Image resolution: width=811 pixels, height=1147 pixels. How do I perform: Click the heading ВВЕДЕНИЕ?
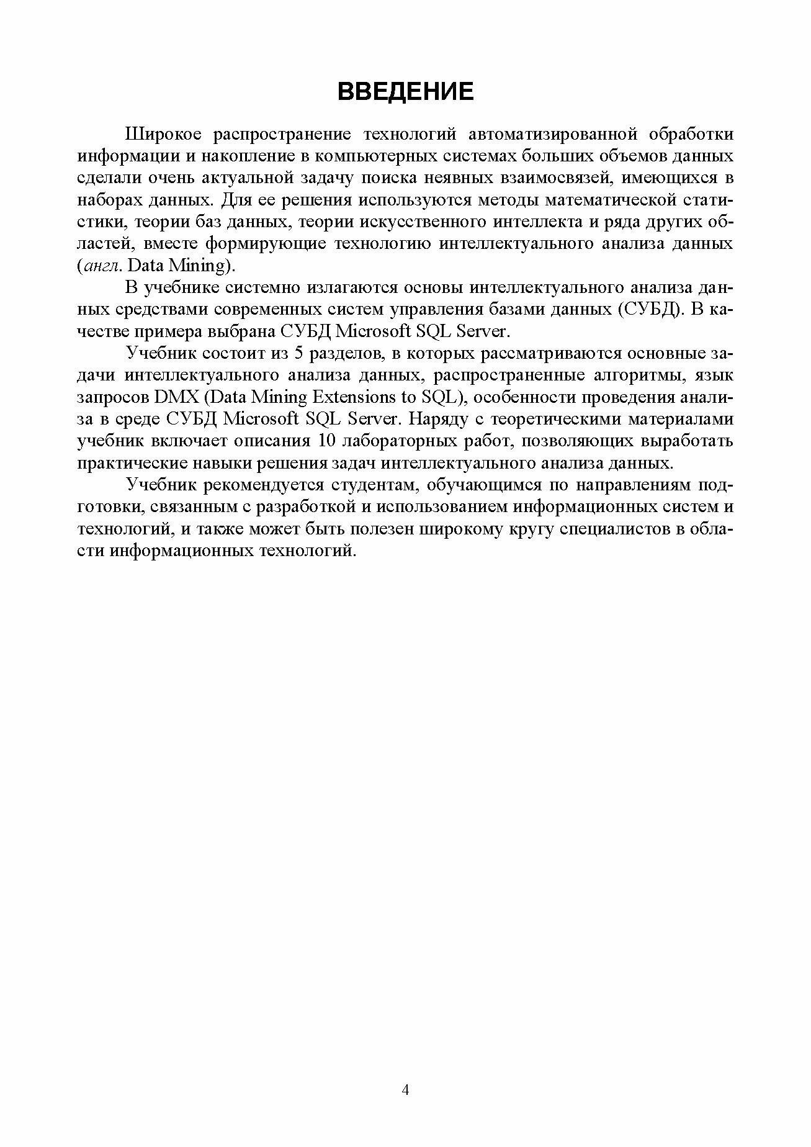[x=405, y=91]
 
